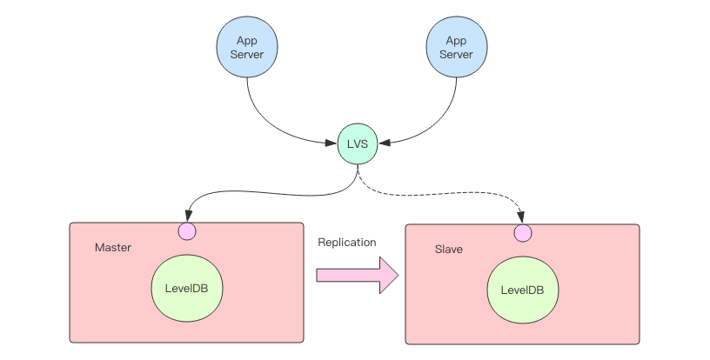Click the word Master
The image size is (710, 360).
(113, 248)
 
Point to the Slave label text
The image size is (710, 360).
(448, 250)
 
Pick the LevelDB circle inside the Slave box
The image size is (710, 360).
(522, 290)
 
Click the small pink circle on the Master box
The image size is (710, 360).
(186, 231)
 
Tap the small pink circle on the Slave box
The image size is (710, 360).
(522, 233)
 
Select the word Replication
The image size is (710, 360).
(347, 243)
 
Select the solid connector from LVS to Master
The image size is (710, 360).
(261, 194)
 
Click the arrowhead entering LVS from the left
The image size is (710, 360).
(332, 141)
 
